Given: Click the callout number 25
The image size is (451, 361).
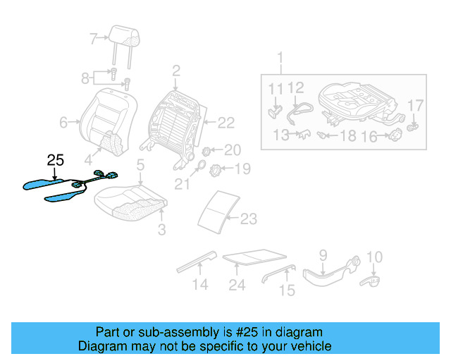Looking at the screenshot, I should point(56,161).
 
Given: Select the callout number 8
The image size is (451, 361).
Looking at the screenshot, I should point(85,76).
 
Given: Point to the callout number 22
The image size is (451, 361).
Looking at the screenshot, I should point(225,123).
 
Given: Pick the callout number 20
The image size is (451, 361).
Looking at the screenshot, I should point(232,149).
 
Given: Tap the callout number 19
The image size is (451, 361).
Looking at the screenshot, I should point(242,169).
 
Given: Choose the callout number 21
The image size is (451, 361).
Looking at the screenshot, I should point(183,185).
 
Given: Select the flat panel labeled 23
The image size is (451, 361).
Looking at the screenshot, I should point(217,210).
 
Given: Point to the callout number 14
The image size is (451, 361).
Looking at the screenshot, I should point(201,285).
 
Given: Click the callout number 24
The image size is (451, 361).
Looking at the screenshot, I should point(237,285).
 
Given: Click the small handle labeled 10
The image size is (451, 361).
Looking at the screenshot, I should point(370,281).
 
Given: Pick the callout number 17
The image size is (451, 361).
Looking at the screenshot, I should point(416,105).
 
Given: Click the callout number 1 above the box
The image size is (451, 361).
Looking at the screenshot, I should point(280,57).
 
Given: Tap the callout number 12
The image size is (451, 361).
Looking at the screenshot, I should point(295,87).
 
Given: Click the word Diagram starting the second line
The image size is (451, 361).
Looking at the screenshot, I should point(101,346).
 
